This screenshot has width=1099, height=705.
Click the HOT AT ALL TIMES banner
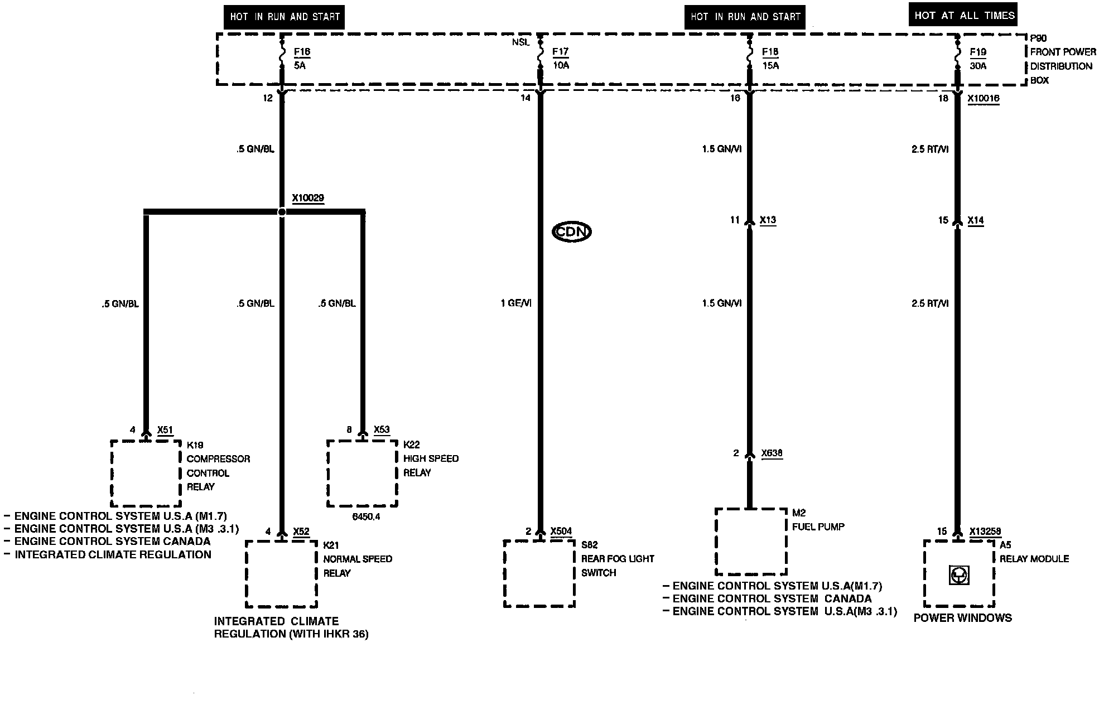tap(963, 15)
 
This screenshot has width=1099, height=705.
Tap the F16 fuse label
tap(302, 52)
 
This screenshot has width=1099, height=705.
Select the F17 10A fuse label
tap(560, 59)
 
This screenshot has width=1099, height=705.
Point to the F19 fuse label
tap(977, 52)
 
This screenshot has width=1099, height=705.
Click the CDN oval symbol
tap(571, 231)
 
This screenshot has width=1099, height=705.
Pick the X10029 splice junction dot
tap(282, 212)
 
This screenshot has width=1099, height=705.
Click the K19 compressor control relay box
tap(146, 473)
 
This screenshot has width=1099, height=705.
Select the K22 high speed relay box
tap(362, 473)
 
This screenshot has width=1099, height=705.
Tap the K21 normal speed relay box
tap(281, 573)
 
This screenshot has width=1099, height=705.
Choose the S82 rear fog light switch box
tap(539, 573)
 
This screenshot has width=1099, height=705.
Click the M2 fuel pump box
tap(751, 542)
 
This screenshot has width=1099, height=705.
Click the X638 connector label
tap(772, 453)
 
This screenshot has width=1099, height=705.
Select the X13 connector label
tap(768, 220)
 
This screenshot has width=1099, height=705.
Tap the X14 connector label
tap(976, 220)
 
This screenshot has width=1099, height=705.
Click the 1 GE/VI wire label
tap(516, 303)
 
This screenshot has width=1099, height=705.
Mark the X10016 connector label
tap(984, 98)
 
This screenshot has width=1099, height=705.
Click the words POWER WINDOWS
tap(962, 618)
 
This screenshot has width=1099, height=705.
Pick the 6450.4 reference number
tap(366, 516)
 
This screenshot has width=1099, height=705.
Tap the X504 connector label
tap(561, 531)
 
